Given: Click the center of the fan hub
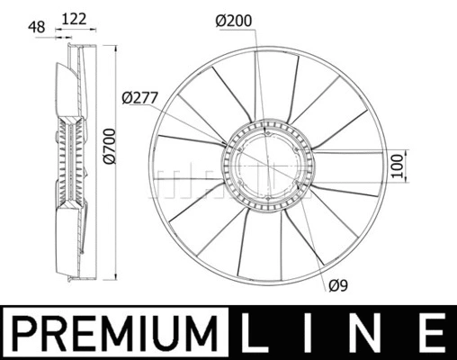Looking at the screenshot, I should [266, 166].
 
